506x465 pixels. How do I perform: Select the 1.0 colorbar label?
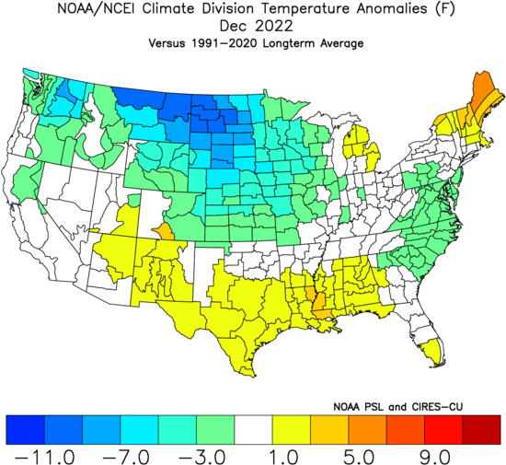tap(283, 458)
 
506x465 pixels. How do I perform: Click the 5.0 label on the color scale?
tap(359, 458)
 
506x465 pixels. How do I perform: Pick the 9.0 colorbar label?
tap(435, 458)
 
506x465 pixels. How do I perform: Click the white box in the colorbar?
tap(253, 430)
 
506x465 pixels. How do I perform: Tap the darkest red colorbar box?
tap(481, 430)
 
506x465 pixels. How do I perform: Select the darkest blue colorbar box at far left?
tap(25, 430)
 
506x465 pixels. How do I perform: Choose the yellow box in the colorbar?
tap(292, 430)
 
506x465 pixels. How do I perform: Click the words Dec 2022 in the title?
tap(257, 26)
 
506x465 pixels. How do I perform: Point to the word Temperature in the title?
tap(305, 8)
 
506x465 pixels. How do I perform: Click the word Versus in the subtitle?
tap(167, 43)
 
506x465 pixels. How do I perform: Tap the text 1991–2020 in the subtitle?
tap(224, 43)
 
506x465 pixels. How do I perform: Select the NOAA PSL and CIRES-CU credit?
tap(397, 407)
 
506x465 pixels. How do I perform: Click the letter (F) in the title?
tap(444, 8)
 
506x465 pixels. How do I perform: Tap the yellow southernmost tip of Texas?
tap(254, 375)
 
